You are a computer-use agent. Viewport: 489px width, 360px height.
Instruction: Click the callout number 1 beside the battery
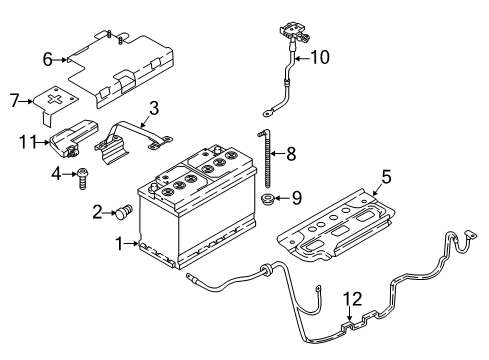(x=119, y=244)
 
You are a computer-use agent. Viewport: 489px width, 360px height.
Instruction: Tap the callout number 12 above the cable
(x=353, y=299)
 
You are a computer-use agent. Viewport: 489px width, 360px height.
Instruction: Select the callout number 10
(x=320, y=57)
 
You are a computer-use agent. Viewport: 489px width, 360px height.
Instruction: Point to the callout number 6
(x=48, y=60)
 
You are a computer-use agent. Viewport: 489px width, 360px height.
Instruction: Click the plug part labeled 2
(x=123, y=211)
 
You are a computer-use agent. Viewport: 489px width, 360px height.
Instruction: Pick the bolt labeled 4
(x=81, y=178)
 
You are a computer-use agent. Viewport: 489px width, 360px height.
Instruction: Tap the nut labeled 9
(x=267, y=199)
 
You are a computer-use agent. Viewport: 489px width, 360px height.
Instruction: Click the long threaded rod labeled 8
(x=266, y=159)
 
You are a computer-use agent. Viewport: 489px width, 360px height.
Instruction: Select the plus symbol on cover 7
(x=54, y=99)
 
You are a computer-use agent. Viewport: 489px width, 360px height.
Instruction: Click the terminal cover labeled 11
(x=74, y=137)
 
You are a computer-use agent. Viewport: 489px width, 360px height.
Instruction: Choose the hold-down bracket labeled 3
(x=133, y=141)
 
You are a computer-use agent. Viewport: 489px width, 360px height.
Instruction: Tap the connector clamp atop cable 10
(x=294, y=32)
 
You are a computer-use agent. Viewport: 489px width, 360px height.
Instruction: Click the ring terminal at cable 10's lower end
(x=267, y=114)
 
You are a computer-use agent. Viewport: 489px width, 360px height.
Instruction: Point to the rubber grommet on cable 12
(x=266, y=269)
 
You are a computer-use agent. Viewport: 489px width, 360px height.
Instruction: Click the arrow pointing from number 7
(x=26, y=101)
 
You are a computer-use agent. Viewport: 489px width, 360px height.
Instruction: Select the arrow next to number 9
(x=282, y=199)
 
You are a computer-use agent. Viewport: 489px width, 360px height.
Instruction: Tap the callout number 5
(x=386, y=177)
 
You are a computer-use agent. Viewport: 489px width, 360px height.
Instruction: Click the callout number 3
(x=154, y=108)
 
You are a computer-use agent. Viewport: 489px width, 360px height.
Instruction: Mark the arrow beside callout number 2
(x=109, y=212)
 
